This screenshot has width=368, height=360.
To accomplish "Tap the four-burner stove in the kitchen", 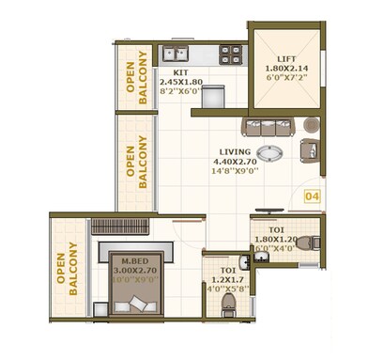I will pyautogui.click(x=229, y=55).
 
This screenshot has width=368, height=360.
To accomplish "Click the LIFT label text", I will pyautogui.click(x=286, y=58).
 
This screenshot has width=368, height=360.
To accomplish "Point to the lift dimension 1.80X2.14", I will pyautogui.click(x=286, y=69).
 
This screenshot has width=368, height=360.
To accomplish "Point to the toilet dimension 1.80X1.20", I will pyautogui.click(x=275, y=239).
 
